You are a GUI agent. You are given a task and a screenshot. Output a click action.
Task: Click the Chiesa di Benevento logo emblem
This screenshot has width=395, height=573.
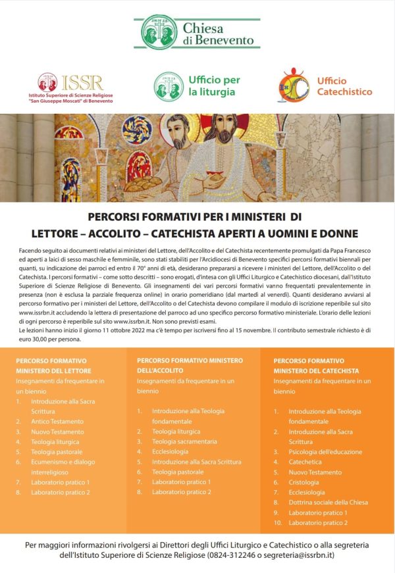pyautogui.click(x=159, y=32)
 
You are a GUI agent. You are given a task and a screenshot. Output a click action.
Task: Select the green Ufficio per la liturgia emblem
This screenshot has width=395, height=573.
pyautogui.click(x=165, y=84)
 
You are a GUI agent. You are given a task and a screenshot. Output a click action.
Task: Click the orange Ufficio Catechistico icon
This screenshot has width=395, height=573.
pyautogui.click(x=294, y=86)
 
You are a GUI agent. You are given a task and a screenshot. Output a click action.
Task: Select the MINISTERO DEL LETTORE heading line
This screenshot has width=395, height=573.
pyautogui.click(x=54, y=371)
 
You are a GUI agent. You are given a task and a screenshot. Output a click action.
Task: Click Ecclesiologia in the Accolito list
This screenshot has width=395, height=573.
pyautogui.click(x=171, y=451)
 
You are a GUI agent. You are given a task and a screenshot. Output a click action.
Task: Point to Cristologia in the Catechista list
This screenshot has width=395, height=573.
pyautogui.click(x=305, y=482)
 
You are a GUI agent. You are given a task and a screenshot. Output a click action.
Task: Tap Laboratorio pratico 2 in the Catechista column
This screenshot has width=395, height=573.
pyautogui.click(x=318, y=523)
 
